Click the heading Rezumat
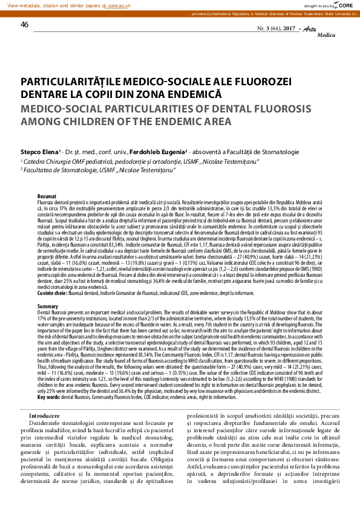47,197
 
